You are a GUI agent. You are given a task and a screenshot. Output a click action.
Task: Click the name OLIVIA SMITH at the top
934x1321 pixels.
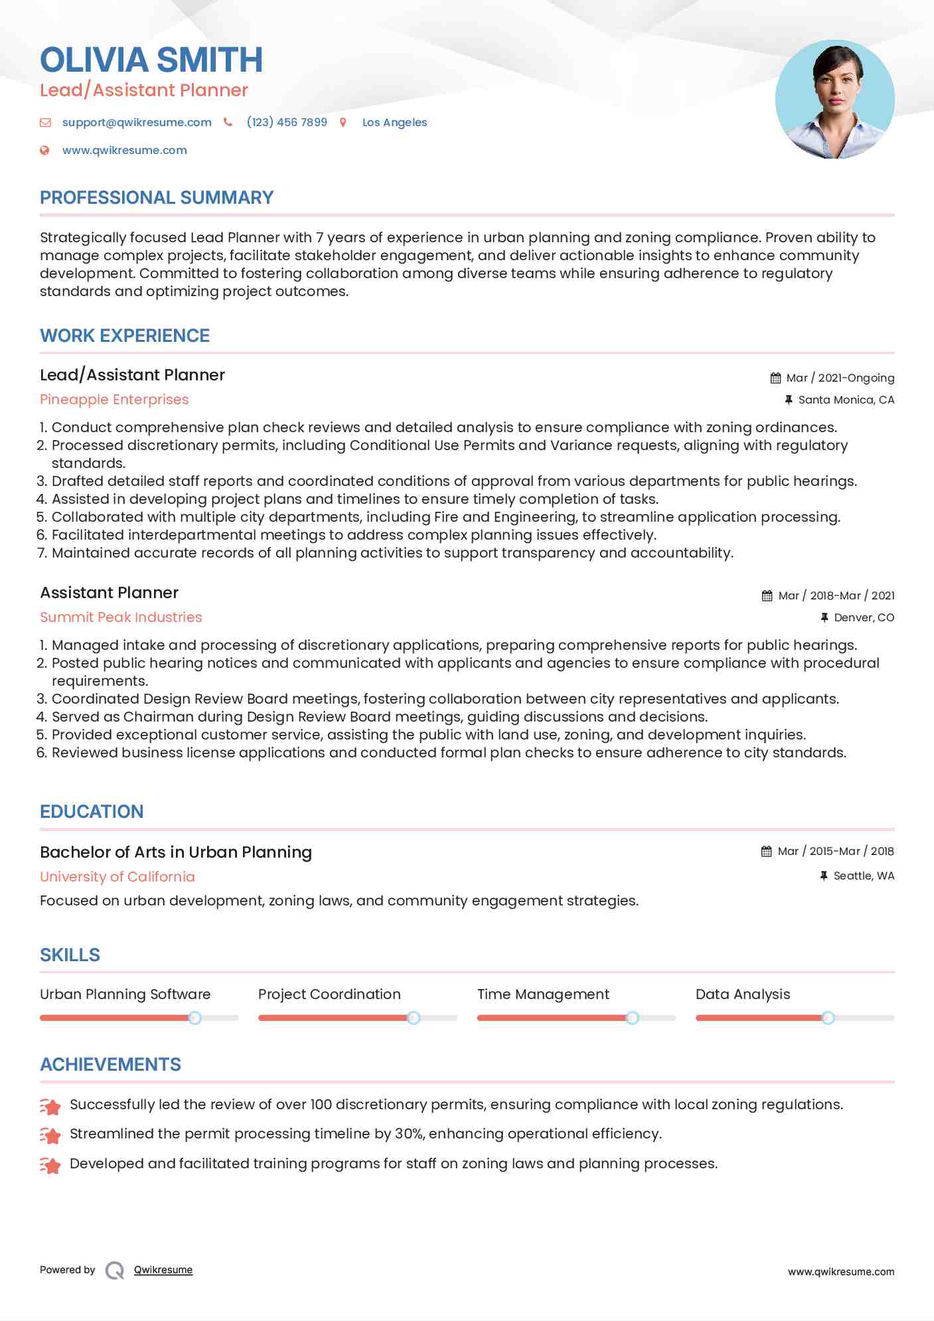coord(151,60)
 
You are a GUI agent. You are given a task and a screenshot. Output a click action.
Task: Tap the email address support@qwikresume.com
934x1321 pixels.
coord(137,122)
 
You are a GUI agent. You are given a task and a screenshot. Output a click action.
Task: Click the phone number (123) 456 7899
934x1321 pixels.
coord(287,122)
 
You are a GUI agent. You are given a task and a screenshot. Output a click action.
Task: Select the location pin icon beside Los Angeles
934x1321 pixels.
coord(343,122)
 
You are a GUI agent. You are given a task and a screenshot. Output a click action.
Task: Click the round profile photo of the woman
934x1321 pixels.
coord(834,100)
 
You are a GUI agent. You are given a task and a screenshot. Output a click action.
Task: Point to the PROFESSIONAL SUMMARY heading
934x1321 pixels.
coord(157,198)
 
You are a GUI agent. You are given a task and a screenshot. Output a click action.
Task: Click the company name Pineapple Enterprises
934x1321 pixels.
coord(114,400)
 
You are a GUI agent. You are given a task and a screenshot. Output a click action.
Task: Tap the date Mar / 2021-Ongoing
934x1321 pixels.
coord(840,378)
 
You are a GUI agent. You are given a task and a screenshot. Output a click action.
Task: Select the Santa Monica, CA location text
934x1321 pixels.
coord(846,400)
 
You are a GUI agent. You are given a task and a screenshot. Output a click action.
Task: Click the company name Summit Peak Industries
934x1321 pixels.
coord(121,617)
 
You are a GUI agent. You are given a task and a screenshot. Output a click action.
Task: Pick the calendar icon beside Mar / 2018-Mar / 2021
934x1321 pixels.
coord(767,595)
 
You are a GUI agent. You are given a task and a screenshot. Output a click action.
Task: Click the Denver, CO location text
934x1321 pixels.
coord(864,617)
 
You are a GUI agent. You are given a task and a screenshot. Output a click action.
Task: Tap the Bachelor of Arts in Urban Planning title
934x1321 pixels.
coord(176,852)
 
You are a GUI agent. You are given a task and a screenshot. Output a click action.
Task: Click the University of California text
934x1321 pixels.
coord(117,877)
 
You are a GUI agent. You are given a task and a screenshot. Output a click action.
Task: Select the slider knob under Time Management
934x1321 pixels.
coord(632,1018)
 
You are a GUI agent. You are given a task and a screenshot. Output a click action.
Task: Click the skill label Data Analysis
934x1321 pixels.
coord(743,994)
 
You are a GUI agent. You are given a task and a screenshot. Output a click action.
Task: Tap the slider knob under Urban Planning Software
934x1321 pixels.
coord(195,1018)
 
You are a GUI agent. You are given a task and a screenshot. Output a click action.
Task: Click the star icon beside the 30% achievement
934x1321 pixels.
coord(50,1135)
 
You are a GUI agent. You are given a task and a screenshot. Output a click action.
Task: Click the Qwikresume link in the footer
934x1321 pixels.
coord(163,1270)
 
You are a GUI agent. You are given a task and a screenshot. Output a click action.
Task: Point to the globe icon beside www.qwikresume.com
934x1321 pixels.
coord(45,150)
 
